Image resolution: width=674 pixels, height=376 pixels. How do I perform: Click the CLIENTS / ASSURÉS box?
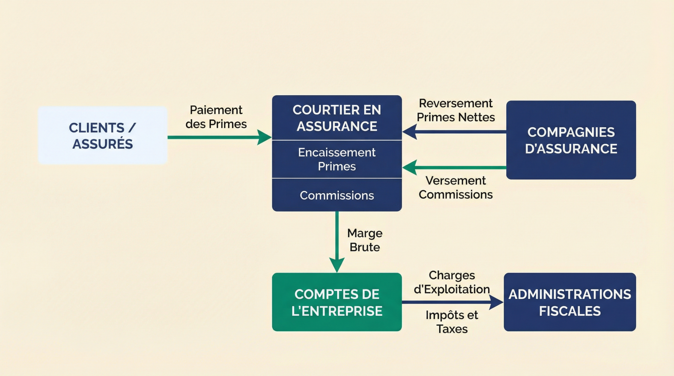tap(102, 136)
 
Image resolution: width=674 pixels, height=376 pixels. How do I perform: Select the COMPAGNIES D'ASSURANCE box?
tap(571, 140)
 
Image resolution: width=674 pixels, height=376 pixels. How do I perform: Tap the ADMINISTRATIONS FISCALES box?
tap(570, 302)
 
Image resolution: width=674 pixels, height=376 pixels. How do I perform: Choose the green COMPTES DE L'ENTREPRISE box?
tap(337, 302)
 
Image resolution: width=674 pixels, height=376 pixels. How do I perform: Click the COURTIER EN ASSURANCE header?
tap(337, 118)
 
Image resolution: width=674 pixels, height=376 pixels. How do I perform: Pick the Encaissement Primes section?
tap(337, 159)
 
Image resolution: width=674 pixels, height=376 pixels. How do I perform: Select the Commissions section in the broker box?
tap(337, 195)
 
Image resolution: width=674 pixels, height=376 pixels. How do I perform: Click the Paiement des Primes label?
tap(216, 117)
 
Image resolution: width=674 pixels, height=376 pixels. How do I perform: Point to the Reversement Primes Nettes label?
tap(456, 110)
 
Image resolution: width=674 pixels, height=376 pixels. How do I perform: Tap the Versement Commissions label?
tap(456, 187)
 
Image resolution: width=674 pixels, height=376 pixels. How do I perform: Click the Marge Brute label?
tap(365, 240)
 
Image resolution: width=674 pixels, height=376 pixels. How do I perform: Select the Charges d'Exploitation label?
tap(452, 282)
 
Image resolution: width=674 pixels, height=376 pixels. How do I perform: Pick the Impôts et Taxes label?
tap(452, 322)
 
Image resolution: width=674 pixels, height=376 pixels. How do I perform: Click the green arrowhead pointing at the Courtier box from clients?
tap(264, 137)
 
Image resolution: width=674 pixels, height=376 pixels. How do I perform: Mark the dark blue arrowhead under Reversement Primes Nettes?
tap(410, 132)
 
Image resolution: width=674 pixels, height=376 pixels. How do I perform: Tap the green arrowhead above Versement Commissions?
tap(410, 167)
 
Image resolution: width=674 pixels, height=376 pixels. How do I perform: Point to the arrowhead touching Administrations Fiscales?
tap(496, 302)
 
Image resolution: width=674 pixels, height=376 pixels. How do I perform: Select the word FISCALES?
tap(570, 311)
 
